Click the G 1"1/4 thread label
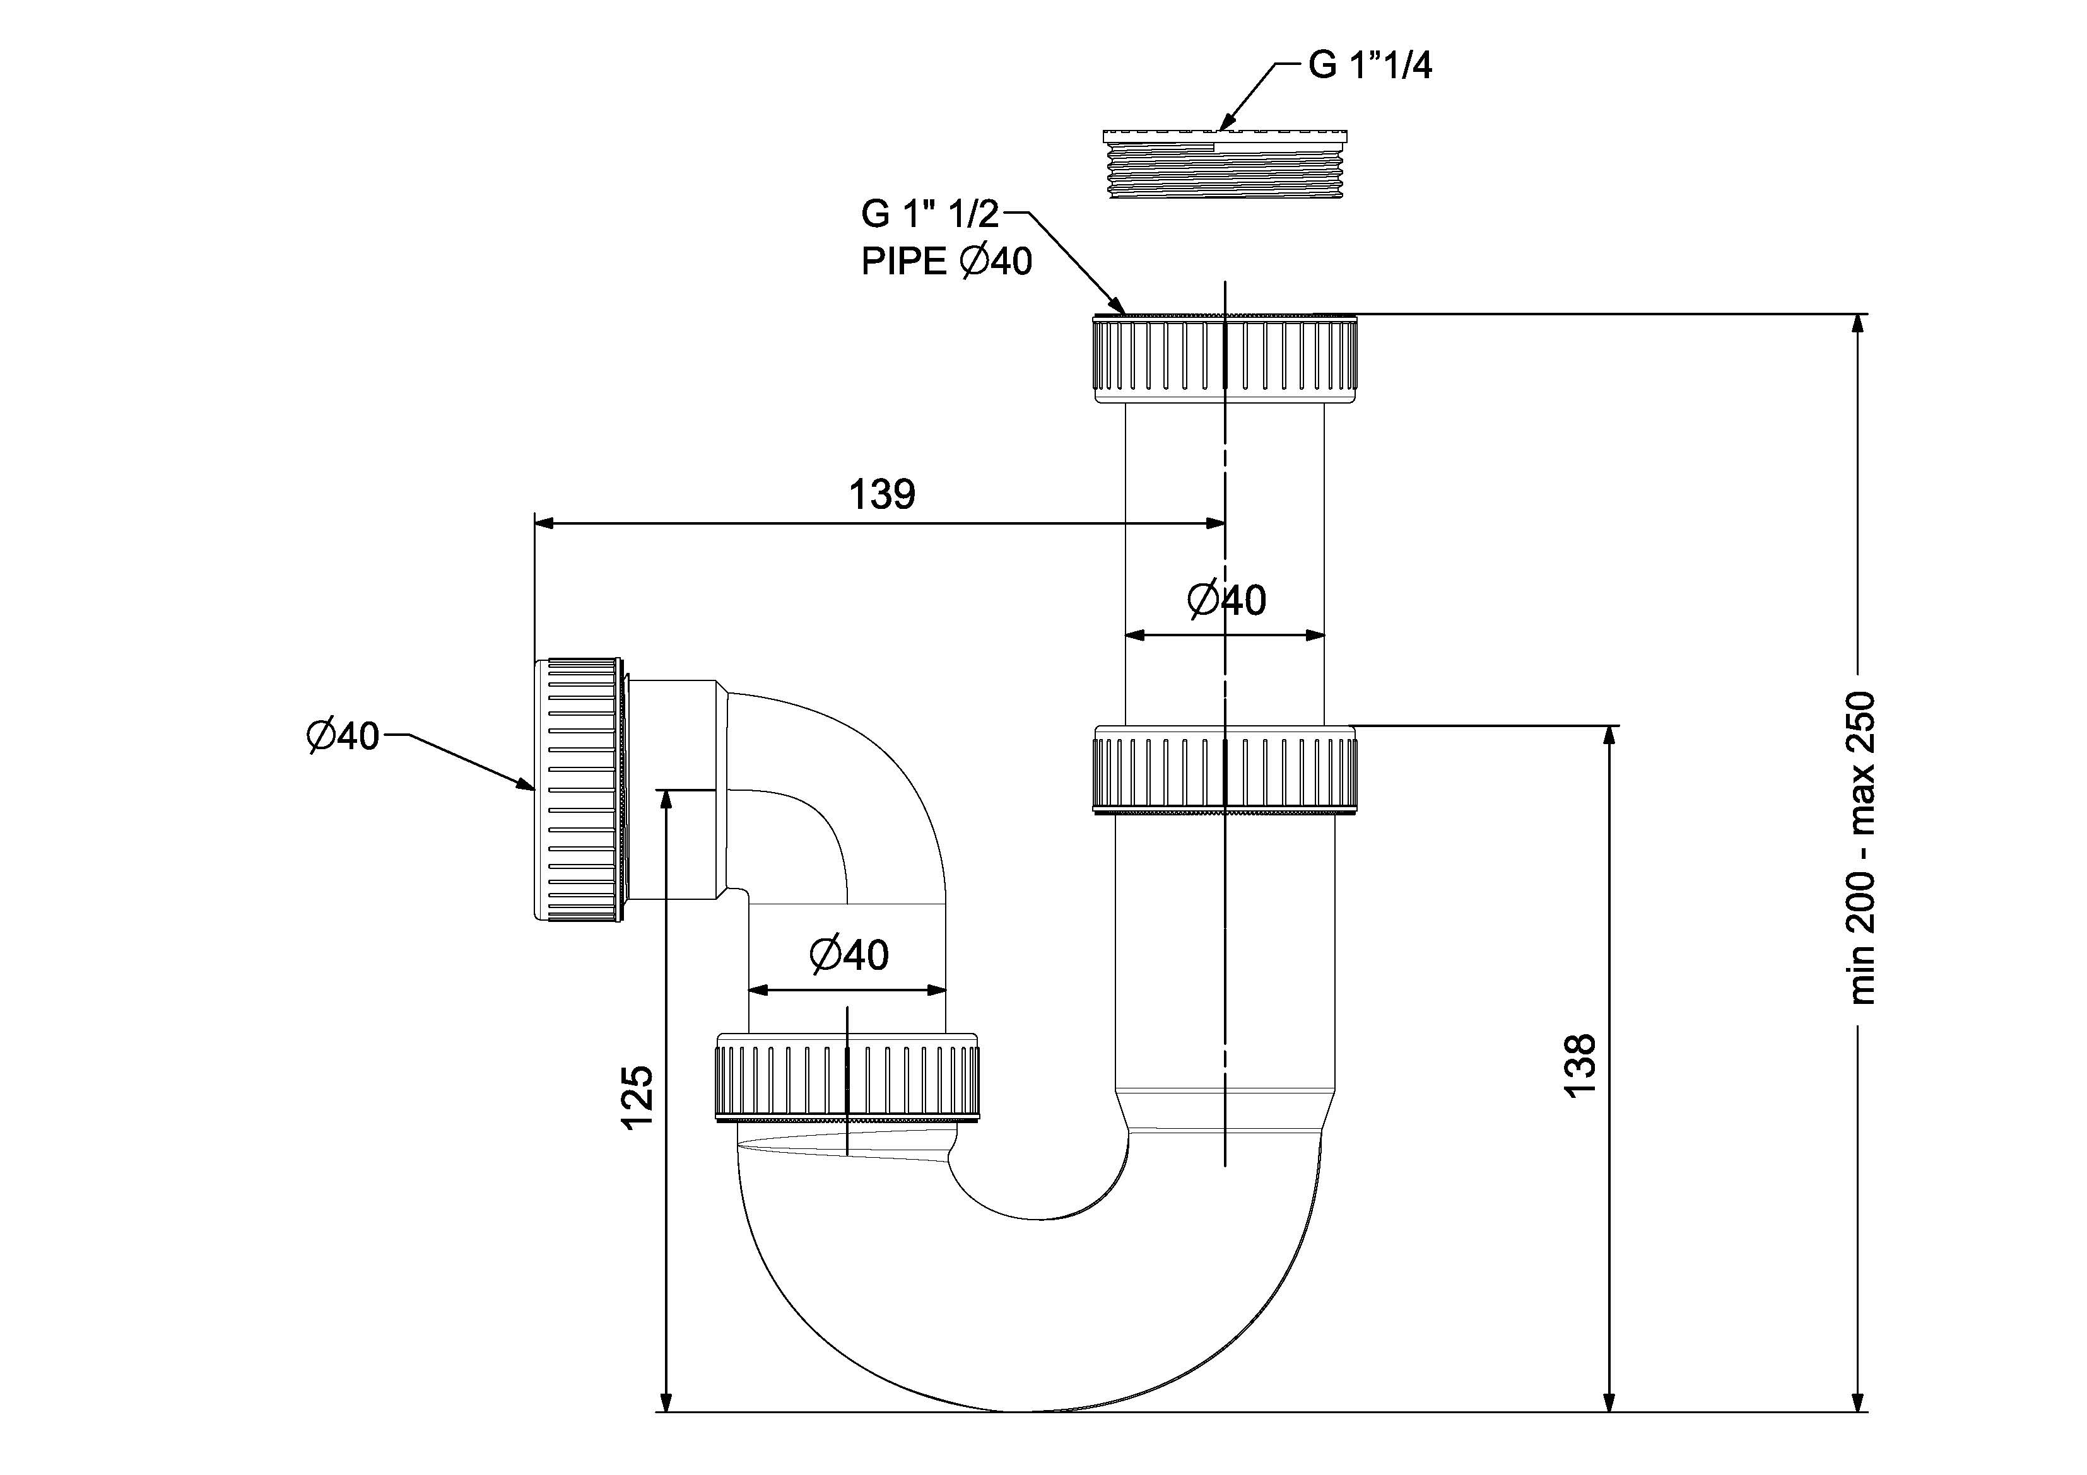point(1370,66)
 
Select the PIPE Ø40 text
point(946,262)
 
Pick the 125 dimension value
point(638,1097)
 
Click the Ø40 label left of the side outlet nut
point(342,735)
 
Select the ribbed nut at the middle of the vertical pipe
point(1225,768)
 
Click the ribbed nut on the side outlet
point(579,789)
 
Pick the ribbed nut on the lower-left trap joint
point(847,1077)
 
